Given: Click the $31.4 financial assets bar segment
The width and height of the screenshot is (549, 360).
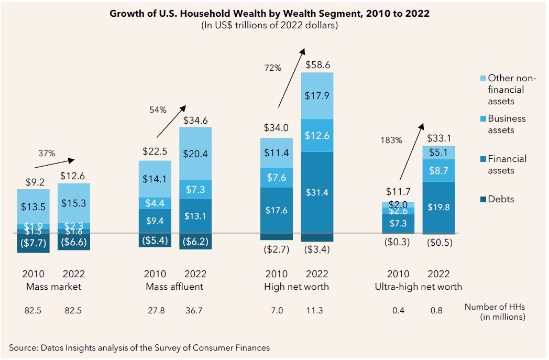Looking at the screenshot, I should pyautogui.click(x=317, y=192).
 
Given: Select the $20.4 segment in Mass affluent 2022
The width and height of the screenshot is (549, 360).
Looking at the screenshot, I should pyautogui.click(x=195, y=154).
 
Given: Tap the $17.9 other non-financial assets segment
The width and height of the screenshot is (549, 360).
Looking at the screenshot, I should pyautogui.click(x=317, y=95).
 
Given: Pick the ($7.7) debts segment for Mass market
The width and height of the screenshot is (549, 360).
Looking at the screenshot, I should pyautogui.click(x=33, y=243).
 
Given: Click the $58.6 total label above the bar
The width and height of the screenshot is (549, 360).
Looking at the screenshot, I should pyautogui.click(x=317, y=65).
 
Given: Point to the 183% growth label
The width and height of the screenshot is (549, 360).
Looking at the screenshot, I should pyautogui.click(x=391, y=140).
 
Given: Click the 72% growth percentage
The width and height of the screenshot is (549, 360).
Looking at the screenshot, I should pyautogui.click(x=273, y=68).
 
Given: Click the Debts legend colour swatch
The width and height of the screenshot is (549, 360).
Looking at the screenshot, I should pyautogui.click(x=484, y=199).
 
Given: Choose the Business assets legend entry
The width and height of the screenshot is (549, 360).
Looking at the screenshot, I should pyautogui.click(x=507, y=124).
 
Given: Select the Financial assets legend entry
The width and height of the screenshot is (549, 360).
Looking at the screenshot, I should pyautogui.click(x=507, y=165).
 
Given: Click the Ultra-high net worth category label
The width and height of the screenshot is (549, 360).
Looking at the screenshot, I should pyautogui.click(x=418, y=287).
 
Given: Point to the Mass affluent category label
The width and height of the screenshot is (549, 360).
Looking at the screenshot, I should pyautogui.click(x=174, y=287).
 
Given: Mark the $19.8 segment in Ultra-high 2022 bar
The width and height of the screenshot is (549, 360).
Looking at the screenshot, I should pyautogui.click(x=438, y=207).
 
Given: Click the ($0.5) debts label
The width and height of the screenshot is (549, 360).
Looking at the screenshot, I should pyautogui.click(x=439, y=243).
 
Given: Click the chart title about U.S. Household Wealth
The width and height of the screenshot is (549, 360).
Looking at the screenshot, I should pyautogui.click(x=269, y=14).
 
